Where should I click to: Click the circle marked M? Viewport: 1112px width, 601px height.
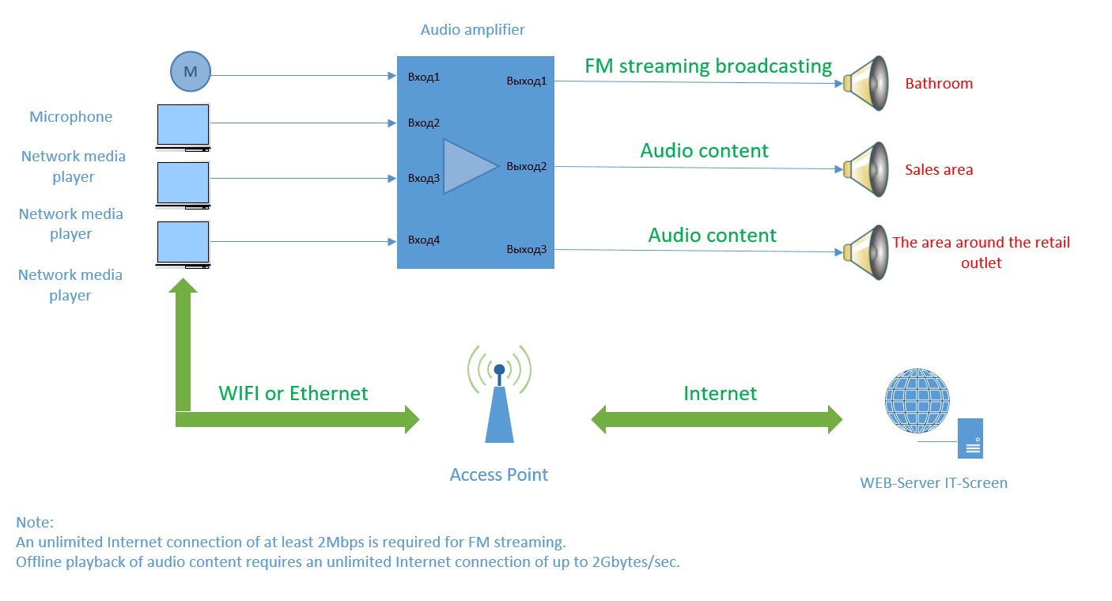pos(190,72)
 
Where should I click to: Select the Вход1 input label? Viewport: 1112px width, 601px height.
pos(424,77)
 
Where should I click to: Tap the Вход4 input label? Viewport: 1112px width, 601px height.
pos(424,240)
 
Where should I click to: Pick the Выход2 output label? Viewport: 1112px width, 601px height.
pos(527,166)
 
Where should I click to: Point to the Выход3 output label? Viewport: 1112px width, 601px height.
pos(527,249)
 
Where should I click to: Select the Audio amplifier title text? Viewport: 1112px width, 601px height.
pos(472,30)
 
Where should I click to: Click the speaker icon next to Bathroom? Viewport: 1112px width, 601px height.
pos(867,82)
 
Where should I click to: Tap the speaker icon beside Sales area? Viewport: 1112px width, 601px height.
pos(867,168)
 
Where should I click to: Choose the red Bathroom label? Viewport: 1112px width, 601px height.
pos(939,83)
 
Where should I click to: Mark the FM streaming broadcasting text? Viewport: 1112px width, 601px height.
pos(708,66)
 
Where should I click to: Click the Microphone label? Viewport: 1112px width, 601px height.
pos(71,117)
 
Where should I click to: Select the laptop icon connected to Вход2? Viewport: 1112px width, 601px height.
pos(183,127)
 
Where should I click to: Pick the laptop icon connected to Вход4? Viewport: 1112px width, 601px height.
pos(183,244)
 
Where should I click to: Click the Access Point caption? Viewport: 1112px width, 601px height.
pos(499,474)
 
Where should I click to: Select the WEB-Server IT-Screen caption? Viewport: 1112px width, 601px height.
pos(934,482)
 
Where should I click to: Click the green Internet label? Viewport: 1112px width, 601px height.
pos(720,393)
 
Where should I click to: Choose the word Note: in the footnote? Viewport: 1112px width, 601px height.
pos(35,523)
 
